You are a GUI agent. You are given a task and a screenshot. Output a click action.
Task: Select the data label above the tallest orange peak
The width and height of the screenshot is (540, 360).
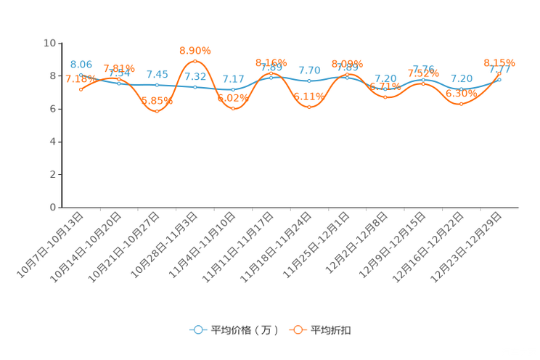click(195, 50)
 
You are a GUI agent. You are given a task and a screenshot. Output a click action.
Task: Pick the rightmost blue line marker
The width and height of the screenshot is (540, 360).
click(499, 78)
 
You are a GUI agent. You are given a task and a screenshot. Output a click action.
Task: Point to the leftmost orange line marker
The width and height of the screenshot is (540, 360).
click(81, 89)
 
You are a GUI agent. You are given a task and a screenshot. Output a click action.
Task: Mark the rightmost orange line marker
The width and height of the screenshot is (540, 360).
click(499, 73)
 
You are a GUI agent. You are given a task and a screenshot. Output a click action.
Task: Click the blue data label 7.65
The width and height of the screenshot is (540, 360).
click(157, 74)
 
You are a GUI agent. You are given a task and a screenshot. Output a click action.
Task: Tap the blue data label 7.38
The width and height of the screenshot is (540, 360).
click(385, 78)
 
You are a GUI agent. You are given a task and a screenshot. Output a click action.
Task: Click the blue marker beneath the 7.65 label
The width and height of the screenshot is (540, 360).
click(157, 84)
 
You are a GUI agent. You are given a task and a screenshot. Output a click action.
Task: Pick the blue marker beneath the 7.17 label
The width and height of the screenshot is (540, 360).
click(233, 89)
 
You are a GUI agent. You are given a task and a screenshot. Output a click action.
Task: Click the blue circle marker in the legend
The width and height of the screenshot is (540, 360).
click(197, 330)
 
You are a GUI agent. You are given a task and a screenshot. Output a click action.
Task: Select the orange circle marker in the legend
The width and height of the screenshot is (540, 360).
click(298, 330)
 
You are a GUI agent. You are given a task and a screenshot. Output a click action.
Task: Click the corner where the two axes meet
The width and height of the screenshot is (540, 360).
click(60, 207)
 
